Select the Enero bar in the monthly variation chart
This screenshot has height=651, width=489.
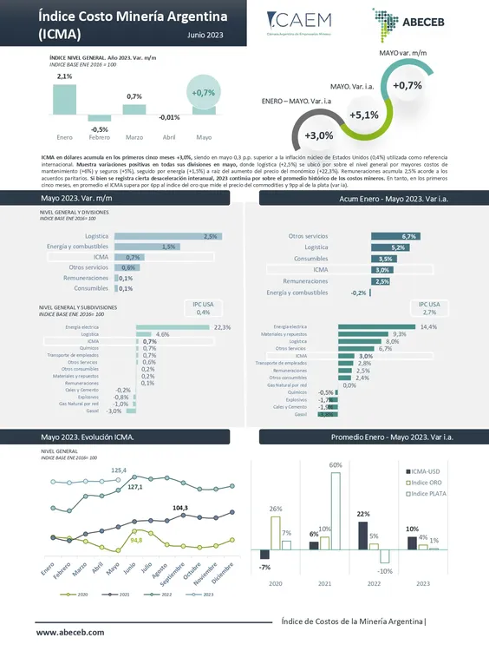click(x=64, y=100)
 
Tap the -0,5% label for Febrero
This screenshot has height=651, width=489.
click(x=100, y=129)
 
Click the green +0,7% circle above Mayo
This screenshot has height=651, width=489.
click(x=204, y=93)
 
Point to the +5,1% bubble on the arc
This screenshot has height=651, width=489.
click(x=364, y=115)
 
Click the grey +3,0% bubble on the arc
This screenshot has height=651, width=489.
click(x=319, y=135)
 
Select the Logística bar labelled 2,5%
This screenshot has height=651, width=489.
click(x=166, y=236)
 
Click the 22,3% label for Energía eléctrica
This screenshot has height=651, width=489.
click(x=222, y=327)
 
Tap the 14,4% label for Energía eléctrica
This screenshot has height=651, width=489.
click(x=427, y=327)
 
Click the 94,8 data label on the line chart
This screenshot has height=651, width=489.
click(x=135, y=540)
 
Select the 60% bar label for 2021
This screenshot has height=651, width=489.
click(x=335, y=465)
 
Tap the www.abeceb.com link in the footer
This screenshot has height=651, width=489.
click(x=70, y=635)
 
